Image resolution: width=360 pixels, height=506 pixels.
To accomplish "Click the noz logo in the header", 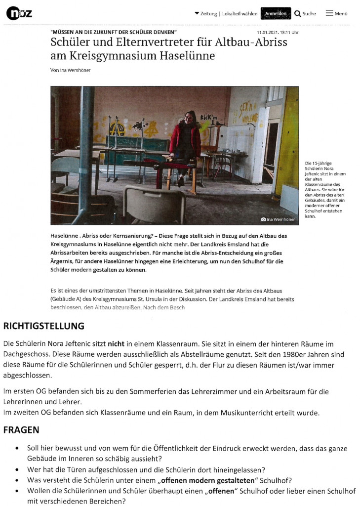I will [19, 13].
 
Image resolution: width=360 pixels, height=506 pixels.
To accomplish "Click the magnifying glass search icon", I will [297, 13].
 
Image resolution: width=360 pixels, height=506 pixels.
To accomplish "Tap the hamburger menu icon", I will [329, 13].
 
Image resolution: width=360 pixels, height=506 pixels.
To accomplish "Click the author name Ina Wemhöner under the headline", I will [75, 70].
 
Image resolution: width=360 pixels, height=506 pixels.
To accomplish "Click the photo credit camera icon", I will [263, 219].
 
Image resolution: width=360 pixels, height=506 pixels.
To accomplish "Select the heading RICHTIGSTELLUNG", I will [43, 326].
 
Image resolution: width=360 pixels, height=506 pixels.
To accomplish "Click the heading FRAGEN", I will [21, 430].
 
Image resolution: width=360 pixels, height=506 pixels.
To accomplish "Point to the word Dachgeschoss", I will [24, 355].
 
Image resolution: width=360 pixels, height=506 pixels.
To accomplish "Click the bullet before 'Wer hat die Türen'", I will [18, 470].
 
